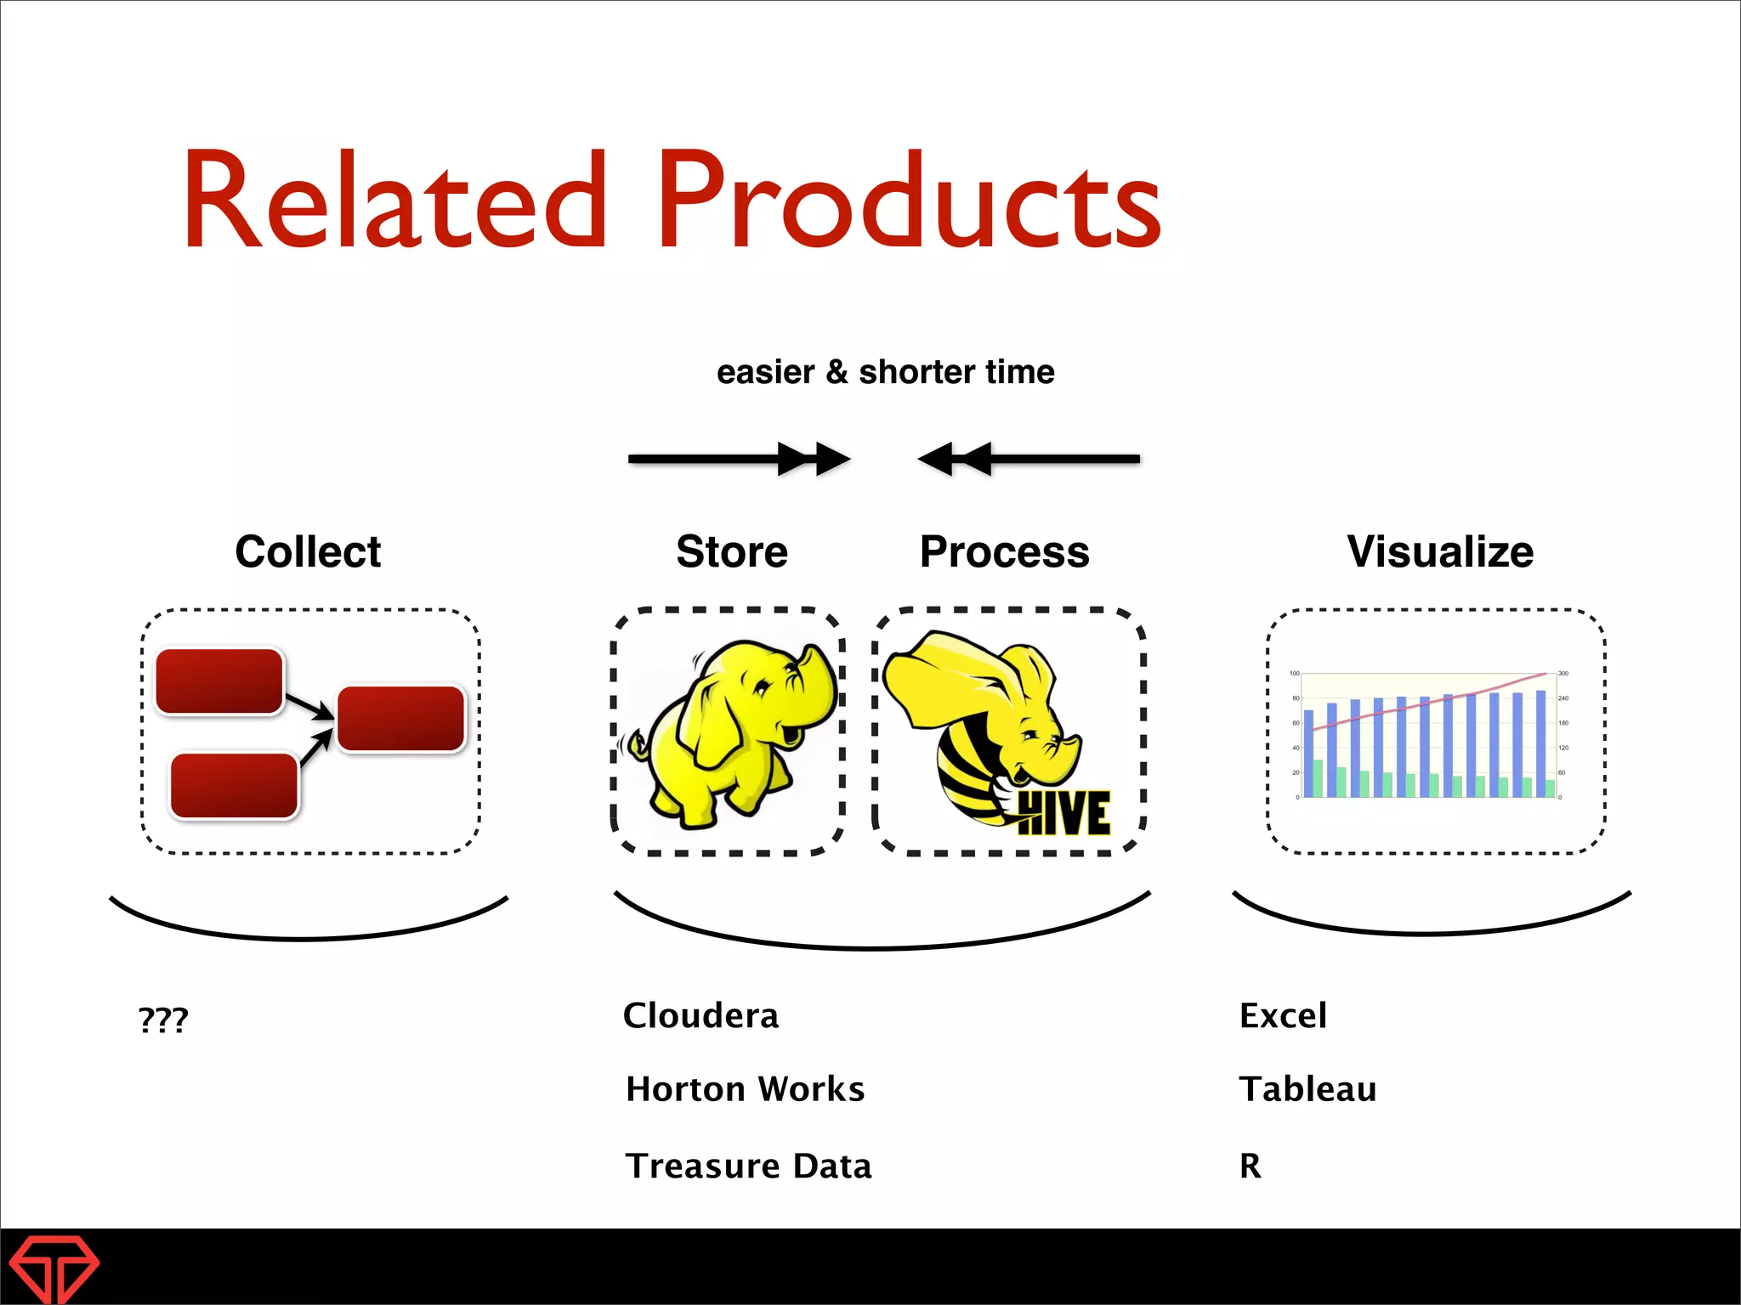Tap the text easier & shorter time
click(885, 372)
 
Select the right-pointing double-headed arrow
click(739, 459)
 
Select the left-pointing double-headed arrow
click(1029, 459)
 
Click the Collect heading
click(308, 551)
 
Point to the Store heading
click(732, 551)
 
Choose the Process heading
click(1004, 551)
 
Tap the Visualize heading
click(1440, 551)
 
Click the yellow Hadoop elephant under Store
click(731, 731)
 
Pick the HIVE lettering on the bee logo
click(1063, 813)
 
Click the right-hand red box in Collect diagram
click(401, 719)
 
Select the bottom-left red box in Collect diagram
click(234, 786)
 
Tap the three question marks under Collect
click(163, 1019)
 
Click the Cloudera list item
click(700, 1016)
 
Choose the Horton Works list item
click(745, 1089)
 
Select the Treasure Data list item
click(748, 1166)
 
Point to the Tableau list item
click(1307, 1089)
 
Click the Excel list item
click(1283, 1016)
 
